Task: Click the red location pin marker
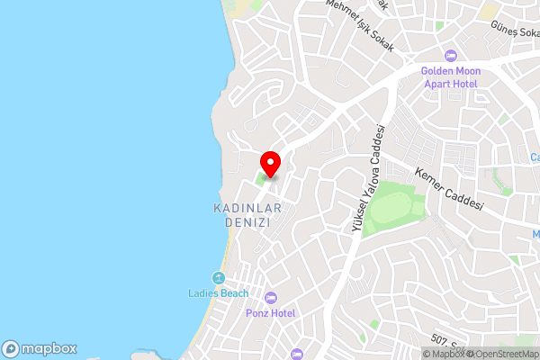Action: pyautogui.click(x=270, y=164)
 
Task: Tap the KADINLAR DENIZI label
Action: pyautogui.click(x=247, y=215)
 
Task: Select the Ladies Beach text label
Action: pyautogui.click(x=217, y=293)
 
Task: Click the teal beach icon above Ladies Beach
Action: pyautogui.click(x=217, y=278)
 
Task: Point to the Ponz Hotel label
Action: pyautogui.click(x=271, y=312)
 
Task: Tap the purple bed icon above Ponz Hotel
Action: pyautogui.click(x=271, y=298)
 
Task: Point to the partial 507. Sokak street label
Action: pyautogui.click(x=441, y=339)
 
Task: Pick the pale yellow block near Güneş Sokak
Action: pyautogui.click(x=490, y=13)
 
